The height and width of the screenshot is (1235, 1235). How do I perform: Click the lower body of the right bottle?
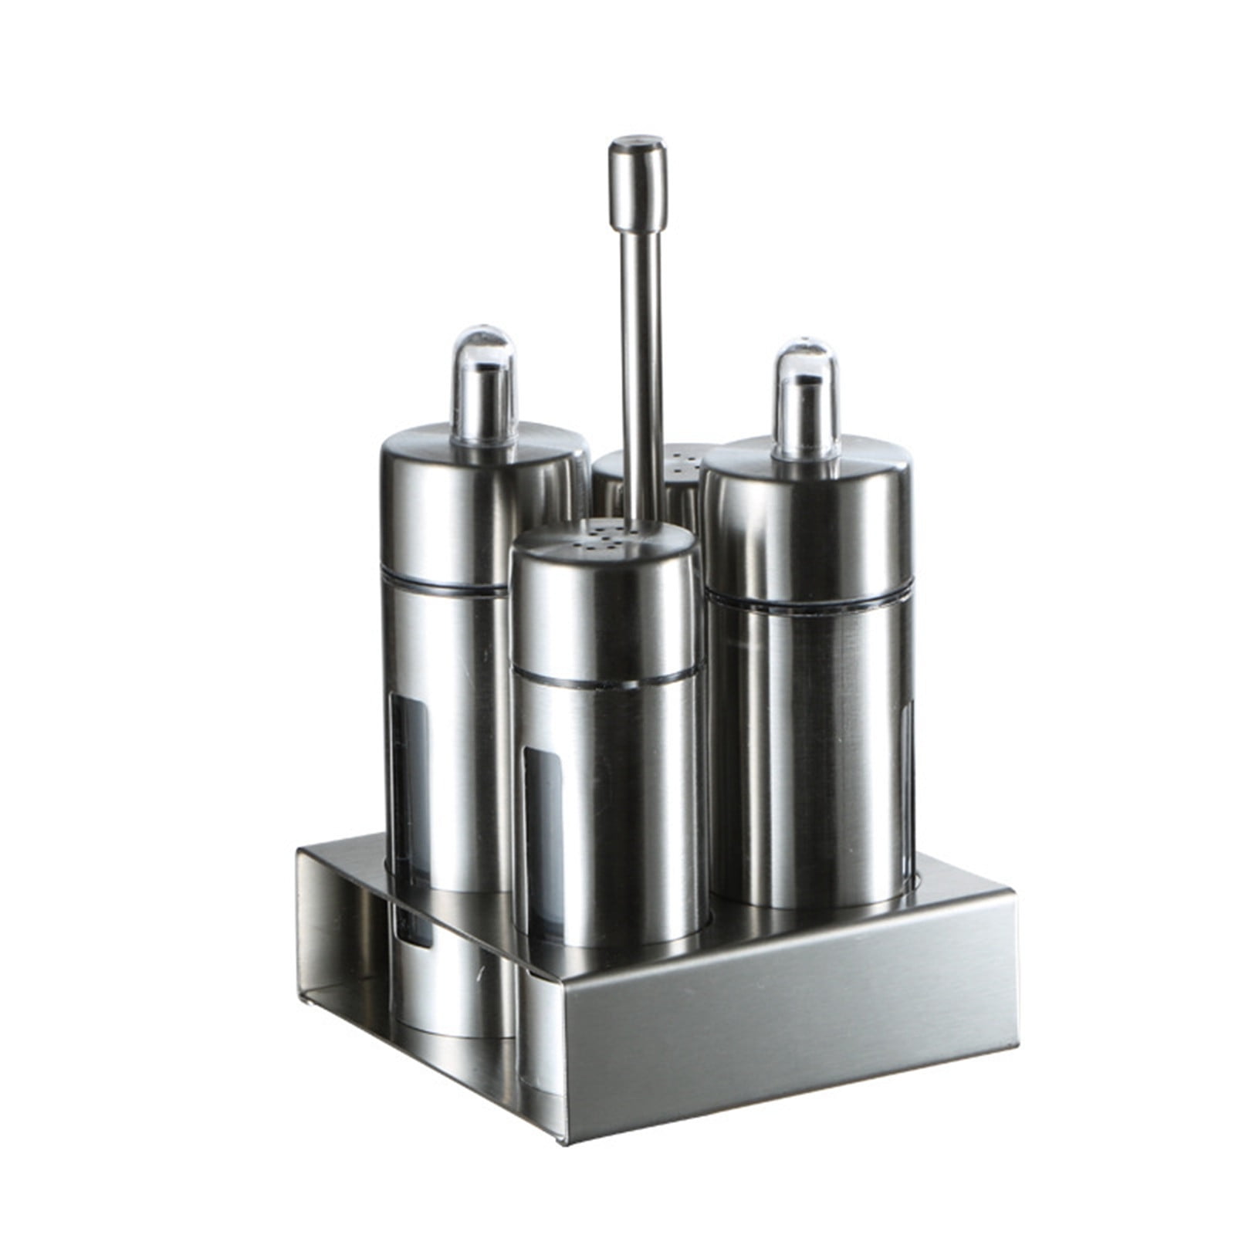[810, 772]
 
